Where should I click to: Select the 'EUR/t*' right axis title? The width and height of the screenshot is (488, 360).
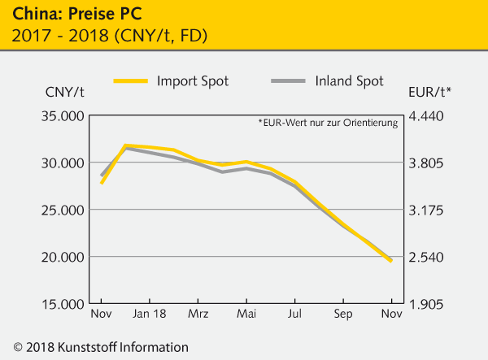(x=429, y=91)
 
